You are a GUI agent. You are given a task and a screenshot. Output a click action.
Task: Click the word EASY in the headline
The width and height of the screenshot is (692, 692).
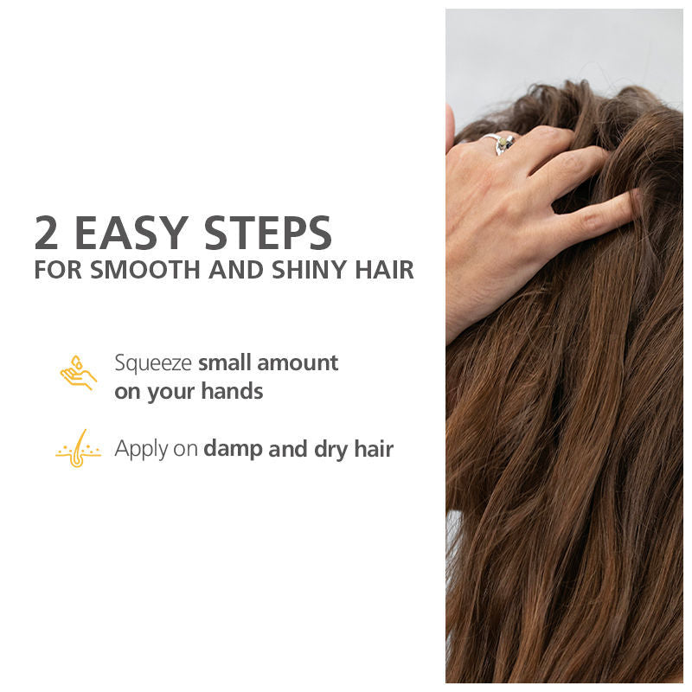pyautogui.click(x=130, y=233)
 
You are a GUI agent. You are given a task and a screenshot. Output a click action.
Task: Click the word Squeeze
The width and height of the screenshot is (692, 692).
pyautogui.click(x=153, y=363)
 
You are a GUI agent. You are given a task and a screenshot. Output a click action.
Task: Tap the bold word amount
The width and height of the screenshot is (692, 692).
pyautogui.click(x=298, y=362)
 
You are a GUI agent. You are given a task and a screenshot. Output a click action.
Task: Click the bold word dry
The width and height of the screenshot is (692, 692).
pyautogui.click(x=328, y=450)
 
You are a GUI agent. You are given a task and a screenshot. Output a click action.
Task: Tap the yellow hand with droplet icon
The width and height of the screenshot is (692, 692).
pyautogui.click(x=78, y=373)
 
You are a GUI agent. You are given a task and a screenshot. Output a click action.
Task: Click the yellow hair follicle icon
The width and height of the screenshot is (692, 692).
pyautogui.click(x=78, y=449)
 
